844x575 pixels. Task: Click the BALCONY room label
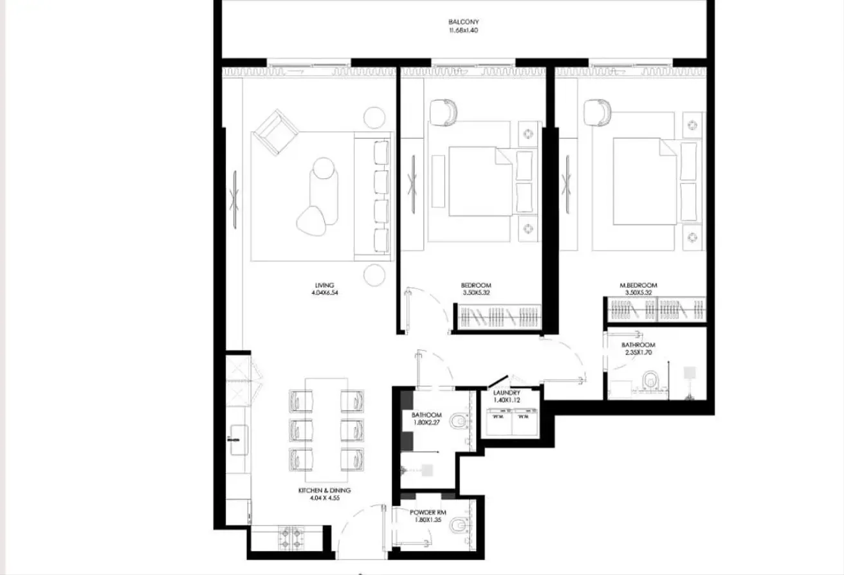pyautogui.click(x=463, y=22)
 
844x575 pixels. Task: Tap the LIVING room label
pyautogui.click(x=324, y=285)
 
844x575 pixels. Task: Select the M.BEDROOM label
pyautogui.click(x=638, y=285)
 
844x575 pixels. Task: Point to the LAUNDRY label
pyautogui.click(x=506, y=392)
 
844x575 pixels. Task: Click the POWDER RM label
pyautogui.click(x=428, y=513)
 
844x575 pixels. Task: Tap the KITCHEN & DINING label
pyautogui.click(x=324, y=490)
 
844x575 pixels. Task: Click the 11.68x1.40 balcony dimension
pyautogui.click(x=463, y=30)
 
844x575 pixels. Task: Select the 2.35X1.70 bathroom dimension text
pyautogui.click(x=638, y=352)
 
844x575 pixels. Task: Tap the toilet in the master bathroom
pyautogui.click(x=650, y=379)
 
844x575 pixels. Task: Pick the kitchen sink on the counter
pyautogui.click(x=239, y=439)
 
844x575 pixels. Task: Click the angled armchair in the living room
pyautogui.click(x=276, y=132)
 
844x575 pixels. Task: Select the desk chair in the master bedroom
pyautogui.click(x=597, y=113)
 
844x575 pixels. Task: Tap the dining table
pyautogui.click(x=326, y=430)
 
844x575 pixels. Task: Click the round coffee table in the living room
pyautogui.click(x=324, y=168)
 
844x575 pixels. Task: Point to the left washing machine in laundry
pyautogui.click(x=499, y=422)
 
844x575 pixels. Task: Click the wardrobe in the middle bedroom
pyautogui.click(x=500, y=316)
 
